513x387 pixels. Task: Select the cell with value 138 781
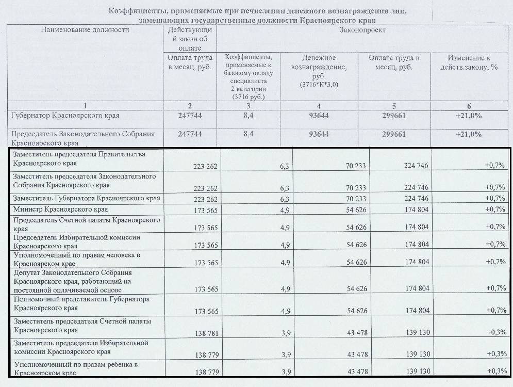point(207,333)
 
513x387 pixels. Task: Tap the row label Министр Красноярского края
point(60,209)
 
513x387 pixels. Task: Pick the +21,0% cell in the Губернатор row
point(469,116)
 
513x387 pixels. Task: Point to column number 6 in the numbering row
point(469,106)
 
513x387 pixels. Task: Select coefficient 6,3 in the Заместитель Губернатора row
point(285,199)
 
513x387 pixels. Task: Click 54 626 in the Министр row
point(357,210)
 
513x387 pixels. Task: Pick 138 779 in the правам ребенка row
point(207,372)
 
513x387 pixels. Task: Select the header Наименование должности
point(85,30)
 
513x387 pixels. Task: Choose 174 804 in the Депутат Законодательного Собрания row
point(417,288)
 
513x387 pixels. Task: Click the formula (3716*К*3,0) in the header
point(319,85)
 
